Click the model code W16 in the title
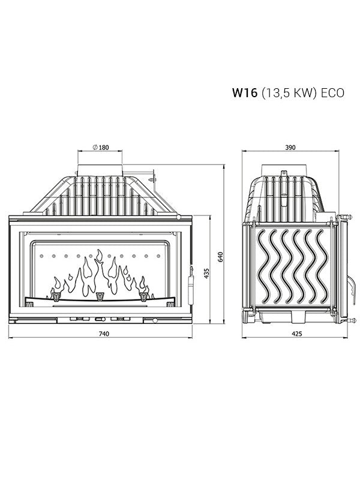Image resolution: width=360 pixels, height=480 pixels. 244,93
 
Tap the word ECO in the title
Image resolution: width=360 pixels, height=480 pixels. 332,93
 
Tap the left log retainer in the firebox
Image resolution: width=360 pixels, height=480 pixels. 56,295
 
